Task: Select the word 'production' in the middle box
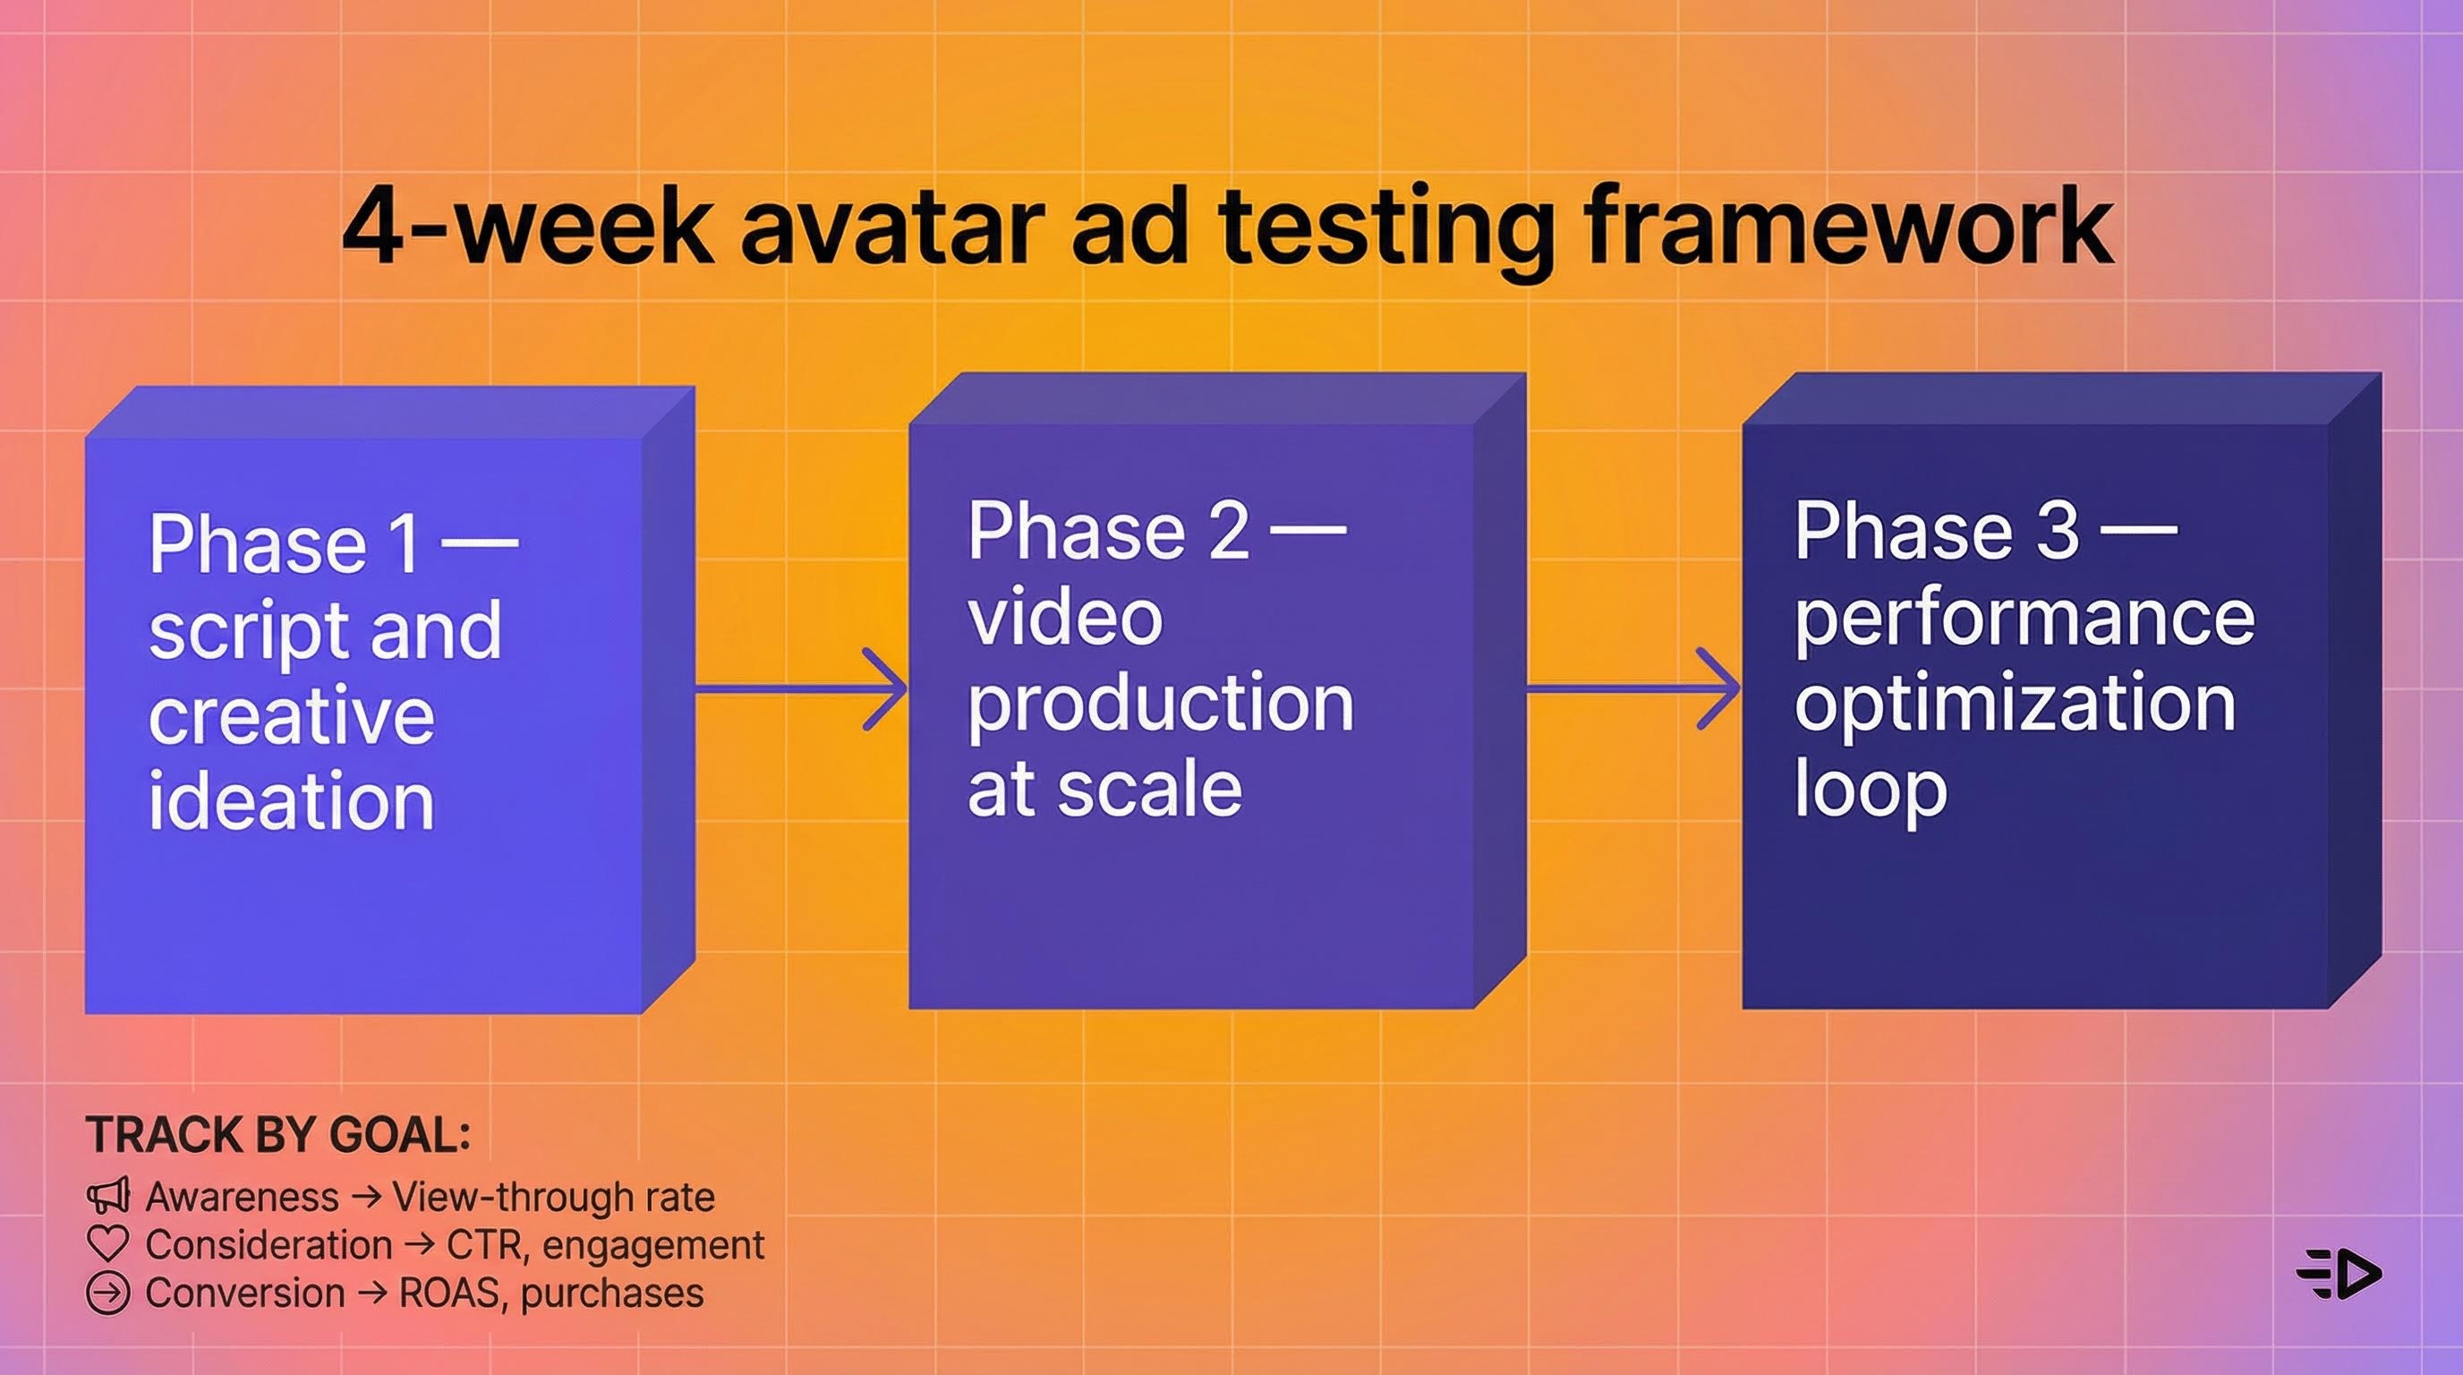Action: [1161, 704]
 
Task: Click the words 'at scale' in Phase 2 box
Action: [1104, 790]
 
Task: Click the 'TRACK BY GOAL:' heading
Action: [278, 1135]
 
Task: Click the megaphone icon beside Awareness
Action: [107, 1196]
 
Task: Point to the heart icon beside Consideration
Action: [107, 1245]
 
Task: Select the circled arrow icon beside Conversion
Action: [107, 1294]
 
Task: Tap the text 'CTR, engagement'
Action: [605, 1245]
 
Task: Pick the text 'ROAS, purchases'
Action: [550, 1294]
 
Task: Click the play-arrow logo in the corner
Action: [2339, 1274]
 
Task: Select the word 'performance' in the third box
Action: [2024, 619]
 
